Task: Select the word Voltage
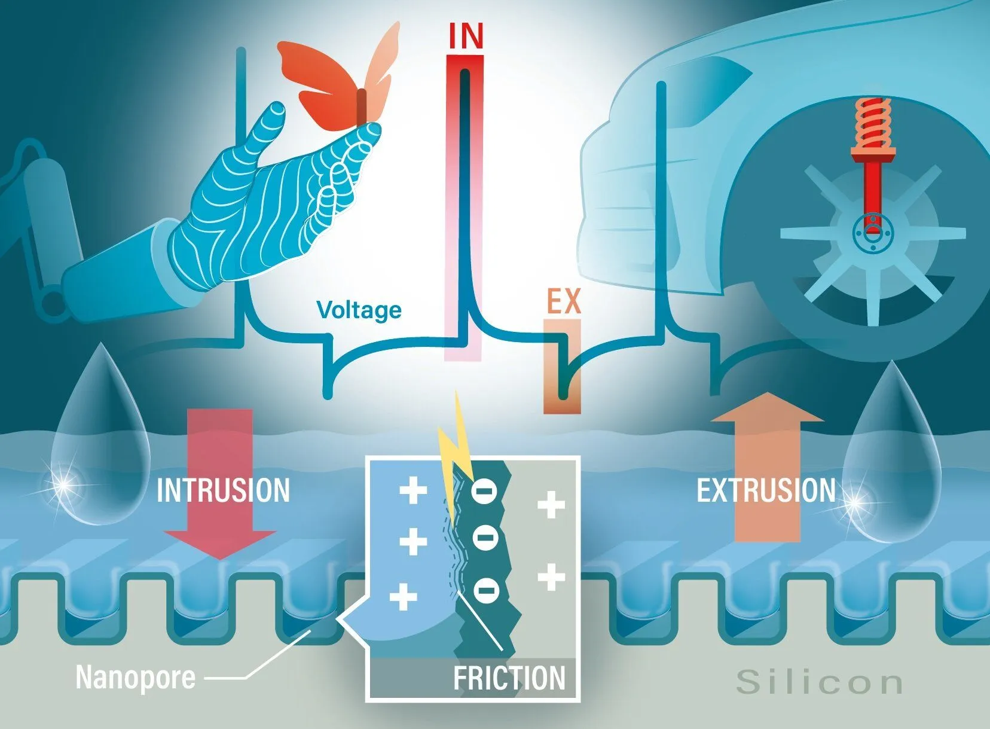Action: coord(359,310)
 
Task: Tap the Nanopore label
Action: coord(135,677)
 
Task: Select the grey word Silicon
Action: coord(820,682)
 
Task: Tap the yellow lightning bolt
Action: coord(455,460)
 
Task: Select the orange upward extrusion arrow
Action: coord(767,467)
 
